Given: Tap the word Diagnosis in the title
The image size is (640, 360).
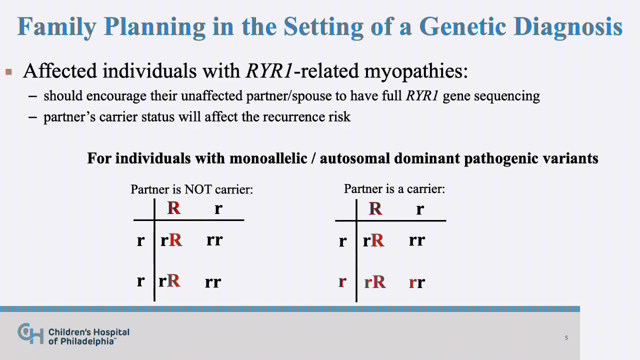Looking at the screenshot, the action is click(568, 27).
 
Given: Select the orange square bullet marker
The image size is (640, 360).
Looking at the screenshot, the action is click(8, 71).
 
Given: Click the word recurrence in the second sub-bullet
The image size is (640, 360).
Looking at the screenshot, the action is click(290, 117).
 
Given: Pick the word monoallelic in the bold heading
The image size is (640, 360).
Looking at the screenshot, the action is click(268, 158).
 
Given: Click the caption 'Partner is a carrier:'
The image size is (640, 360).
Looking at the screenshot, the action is click(394, 189).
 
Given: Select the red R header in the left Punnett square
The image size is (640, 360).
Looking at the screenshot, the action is click(173, 208).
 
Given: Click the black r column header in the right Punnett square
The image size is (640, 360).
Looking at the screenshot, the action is click(420, 209).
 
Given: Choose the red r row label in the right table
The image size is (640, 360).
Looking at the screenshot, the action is click(342, 282).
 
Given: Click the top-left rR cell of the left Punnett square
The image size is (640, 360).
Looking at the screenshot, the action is click(171, 240).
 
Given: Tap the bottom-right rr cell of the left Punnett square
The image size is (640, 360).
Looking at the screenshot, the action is click(213, 282).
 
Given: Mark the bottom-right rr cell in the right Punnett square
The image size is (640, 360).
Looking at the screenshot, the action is click(417, 282).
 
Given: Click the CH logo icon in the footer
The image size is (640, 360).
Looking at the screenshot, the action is click(30, 333).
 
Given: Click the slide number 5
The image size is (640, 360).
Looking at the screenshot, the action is click(566, 338).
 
